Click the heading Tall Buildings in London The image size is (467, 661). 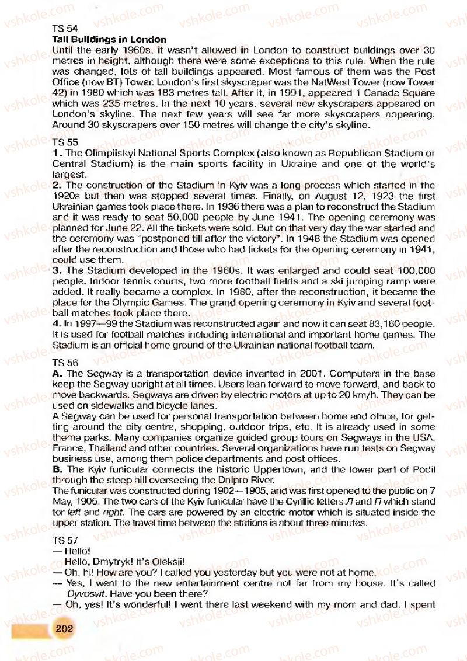tap(109, 39)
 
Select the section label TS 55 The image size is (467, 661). tap(65, 142)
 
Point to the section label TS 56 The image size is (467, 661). tap(65, 363)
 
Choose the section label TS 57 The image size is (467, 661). tap(65, 541)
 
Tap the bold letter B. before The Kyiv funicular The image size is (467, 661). tap(57, 469)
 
